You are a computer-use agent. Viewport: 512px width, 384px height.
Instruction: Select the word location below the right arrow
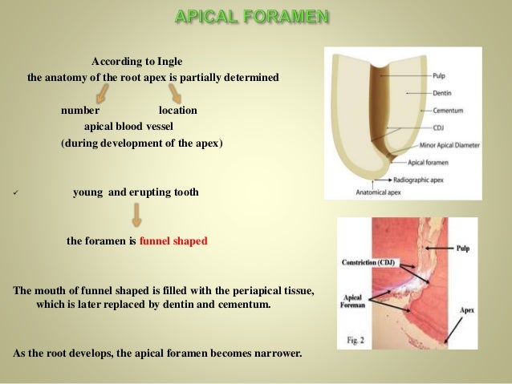[178, 110]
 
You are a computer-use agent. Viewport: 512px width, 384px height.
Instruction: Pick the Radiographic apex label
[449, 180]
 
